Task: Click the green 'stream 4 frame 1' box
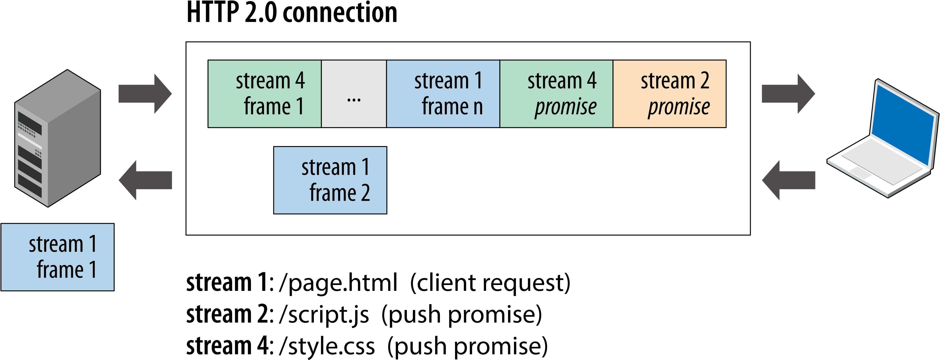coord(264,94)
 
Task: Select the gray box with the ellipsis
coord(354,94)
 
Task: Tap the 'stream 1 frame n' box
coord(443,94)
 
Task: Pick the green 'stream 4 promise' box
coord(556,94)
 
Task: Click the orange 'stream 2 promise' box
coord(670,94)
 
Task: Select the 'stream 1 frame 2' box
coord(330,180)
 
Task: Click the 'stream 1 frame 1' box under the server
coord(58,257)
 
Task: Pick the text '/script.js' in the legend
coord(324,314)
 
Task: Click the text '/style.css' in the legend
coord(327,346)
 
